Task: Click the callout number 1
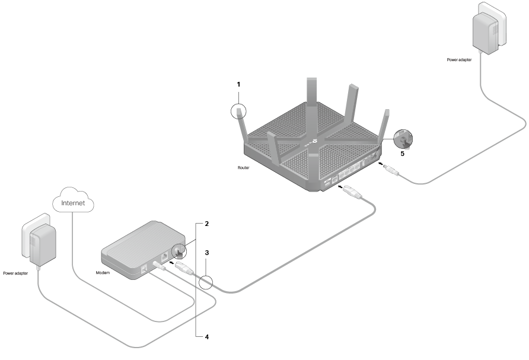coord(238,84)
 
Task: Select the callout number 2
coord(206,224)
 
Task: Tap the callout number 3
coord(206,253)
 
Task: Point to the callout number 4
coord(206,337)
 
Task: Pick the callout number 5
coord(402,153)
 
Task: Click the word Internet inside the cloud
coord(74,203)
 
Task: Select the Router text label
coord(243,168)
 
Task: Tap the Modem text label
coord(103,273)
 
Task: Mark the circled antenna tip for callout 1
coord(238,111)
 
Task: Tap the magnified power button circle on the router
coord(403,139)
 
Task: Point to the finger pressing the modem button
coord(179,253)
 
